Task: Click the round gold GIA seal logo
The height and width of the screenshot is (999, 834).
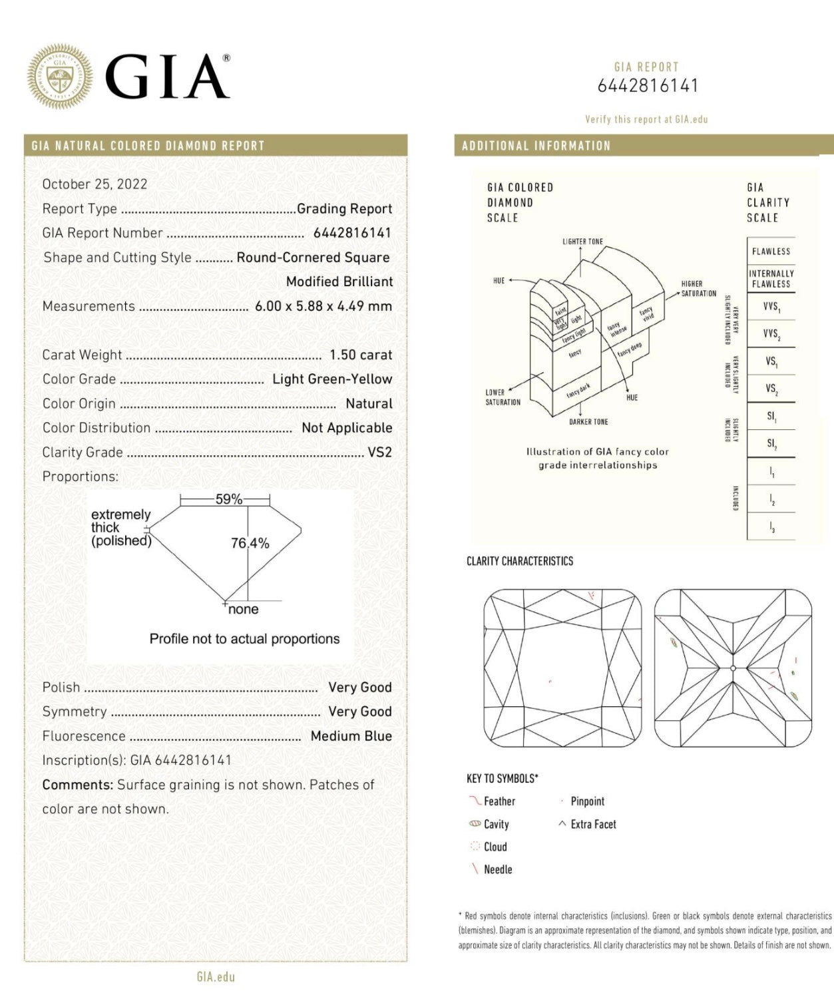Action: point(60,77)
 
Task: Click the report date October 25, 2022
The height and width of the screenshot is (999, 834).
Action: point(95,184)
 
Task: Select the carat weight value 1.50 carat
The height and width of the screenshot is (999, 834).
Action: point(361,355)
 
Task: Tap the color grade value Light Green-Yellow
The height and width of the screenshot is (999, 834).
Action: point(332,379)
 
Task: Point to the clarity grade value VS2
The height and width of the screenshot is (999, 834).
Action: point(379,453)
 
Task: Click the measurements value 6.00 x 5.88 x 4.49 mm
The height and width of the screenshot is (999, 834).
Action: point(323,307)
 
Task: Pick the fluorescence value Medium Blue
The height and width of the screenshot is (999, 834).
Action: point(351,736)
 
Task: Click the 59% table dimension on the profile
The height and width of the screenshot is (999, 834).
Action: point(228,499)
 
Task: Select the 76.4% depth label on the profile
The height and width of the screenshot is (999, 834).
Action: point(250,544)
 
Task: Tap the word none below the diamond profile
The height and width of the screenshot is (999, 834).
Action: point(243,610)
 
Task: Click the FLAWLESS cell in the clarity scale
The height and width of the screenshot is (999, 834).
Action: point(771,252)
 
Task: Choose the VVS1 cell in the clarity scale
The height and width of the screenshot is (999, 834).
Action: point(771,307)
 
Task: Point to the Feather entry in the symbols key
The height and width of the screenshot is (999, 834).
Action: point(499,801)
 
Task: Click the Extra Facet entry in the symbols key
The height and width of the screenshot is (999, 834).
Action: point(593,825)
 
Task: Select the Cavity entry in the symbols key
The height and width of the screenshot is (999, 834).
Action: point(496,825)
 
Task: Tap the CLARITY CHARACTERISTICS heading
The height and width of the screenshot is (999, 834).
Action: point(519,562)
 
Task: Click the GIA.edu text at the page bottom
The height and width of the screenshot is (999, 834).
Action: point(216,977)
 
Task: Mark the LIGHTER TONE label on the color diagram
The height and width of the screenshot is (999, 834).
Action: point(582,242)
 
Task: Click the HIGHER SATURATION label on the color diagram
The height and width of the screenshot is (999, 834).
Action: point(698,289)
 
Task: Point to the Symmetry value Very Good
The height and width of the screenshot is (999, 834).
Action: point(359,712)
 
